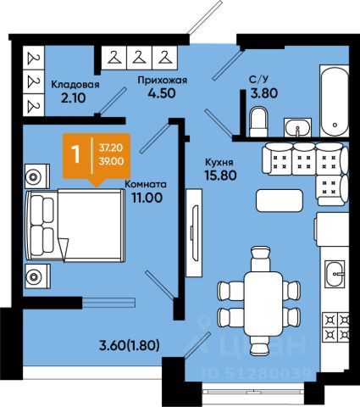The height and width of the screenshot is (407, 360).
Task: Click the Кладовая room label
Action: click(x=75, y=85)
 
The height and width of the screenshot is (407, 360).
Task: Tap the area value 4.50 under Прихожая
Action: click(x=162, y=93)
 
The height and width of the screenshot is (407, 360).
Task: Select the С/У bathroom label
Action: click(x=258, y=80)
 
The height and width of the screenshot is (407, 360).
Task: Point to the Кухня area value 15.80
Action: click(x=221, y=176)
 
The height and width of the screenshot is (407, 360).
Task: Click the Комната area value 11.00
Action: click(x=147, y=198)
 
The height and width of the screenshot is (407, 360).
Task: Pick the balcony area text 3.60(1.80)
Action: click(x=130, y=345)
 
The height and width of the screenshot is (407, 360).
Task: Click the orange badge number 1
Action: click(x=75, y=154)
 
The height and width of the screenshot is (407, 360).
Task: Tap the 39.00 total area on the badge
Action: click(x=111, y=161)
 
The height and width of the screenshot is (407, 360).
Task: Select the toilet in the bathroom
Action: click(x=258, y=121)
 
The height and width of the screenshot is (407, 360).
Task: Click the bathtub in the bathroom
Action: click(x=334, y=101)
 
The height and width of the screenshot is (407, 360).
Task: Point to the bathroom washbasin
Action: click(x=297, y=128)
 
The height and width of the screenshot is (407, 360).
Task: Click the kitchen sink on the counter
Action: click(x=335, y=274)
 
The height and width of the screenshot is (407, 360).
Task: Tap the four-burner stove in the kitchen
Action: click(x=336, y=327)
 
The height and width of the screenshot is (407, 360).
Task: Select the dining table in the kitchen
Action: click(x=263, y=304)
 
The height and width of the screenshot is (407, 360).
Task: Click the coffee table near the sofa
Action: click(x=280, y=200)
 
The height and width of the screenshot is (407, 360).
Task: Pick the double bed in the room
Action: click(x=75, y=226)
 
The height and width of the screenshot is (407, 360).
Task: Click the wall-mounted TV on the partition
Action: click(x=194, y=233)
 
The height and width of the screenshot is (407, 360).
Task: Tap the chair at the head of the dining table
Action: click(x=261, y=259)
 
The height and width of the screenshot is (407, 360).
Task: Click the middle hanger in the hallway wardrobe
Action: click(x=140, y=58)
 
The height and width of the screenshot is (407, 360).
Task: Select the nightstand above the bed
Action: click(x=37, y=176)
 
